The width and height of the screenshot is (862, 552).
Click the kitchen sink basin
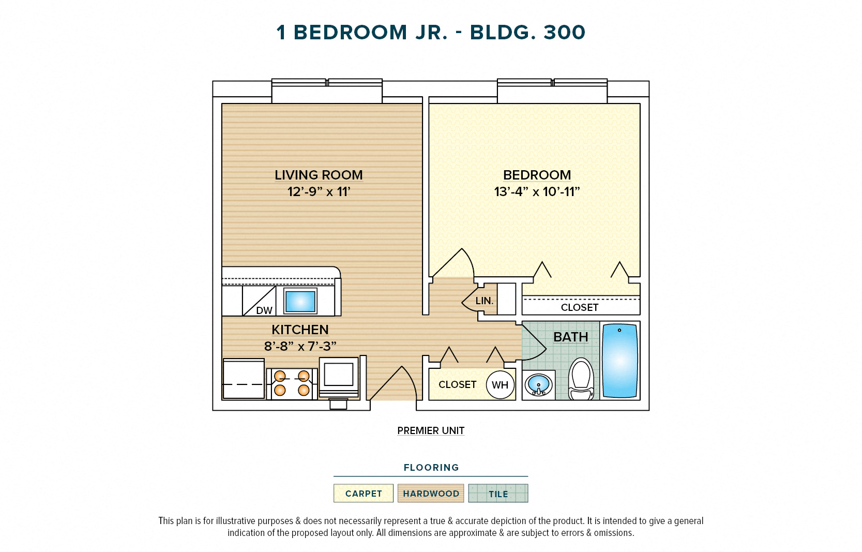(300, 301)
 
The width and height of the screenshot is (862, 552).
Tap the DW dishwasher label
(264, 310)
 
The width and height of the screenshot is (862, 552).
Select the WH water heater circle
(500, 385)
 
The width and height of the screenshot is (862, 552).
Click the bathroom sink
(538, 385)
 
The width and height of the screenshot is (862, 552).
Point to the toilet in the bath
(581, 379)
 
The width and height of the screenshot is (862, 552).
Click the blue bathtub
(619, 361)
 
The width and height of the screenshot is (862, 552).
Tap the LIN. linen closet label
(485, 301)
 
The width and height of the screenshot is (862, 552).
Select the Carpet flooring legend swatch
(364, 494)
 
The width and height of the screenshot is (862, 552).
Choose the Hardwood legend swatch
(431, 494)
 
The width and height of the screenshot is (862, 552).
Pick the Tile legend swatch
(498, 494)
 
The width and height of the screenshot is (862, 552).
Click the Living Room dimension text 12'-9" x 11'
(319, 192)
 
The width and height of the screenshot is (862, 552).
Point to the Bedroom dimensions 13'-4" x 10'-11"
(537, 192)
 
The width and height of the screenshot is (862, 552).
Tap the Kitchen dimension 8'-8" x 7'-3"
(300, 346)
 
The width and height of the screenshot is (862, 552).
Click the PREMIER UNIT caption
(431, 430)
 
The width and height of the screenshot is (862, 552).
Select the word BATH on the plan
(571, 337)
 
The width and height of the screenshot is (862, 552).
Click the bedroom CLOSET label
(580, 307)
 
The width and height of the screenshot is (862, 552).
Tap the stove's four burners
(292, 383)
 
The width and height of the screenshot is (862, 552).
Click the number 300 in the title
(564, 33)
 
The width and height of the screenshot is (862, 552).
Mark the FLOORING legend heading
(431, 468)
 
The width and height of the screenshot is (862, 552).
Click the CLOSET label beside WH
(457, 384)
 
